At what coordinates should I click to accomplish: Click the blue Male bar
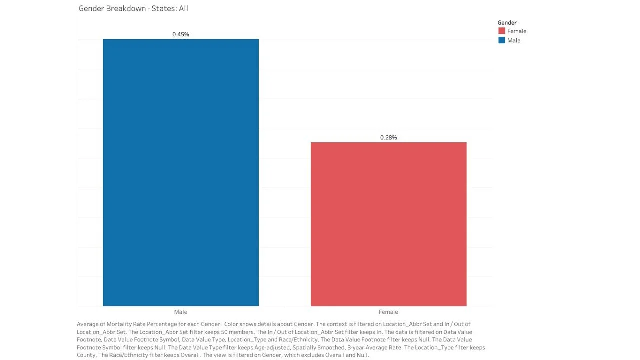(x=181, y=172)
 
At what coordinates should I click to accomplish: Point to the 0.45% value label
(x=181, y=34)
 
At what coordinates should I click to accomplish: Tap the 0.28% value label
(x=388, y=137)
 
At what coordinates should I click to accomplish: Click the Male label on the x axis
(x=181, y=312)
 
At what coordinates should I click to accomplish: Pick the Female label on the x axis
(x=388, y=312)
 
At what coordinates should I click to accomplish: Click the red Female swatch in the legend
(x=502, y=31)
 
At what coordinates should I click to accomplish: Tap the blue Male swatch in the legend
(x=502, y=40)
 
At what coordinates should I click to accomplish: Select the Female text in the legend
(x=517, y=31)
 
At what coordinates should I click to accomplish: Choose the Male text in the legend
(x=514, y=40)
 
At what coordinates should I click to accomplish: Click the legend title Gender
(x=507, y=23)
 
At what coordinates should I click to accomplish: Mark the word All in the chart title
(x=183, y=8)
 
